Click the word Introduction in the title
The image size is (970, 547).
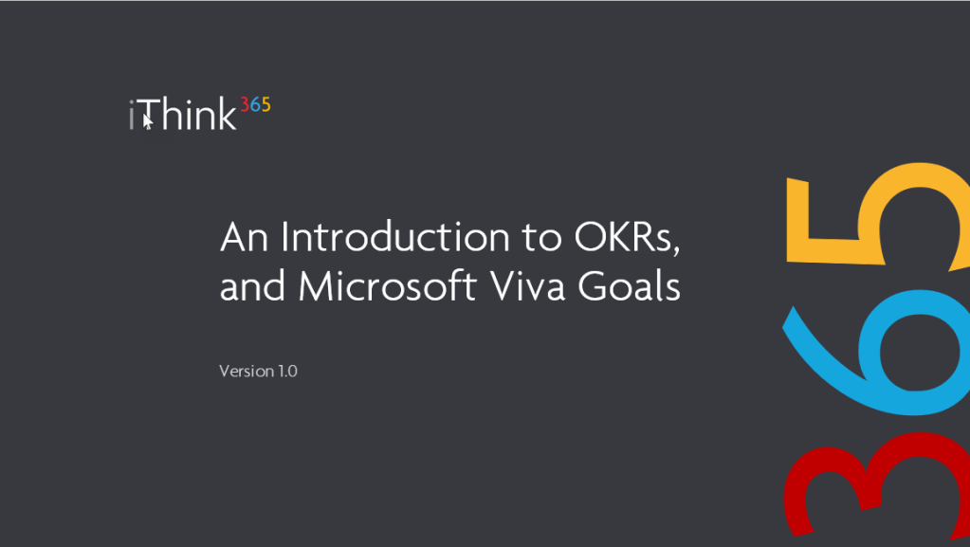click(x=395, y=237)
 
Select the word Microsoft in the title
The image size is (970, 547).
click(x=387, y=286)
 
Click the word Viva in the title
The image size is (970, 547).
click(x=528, y=286)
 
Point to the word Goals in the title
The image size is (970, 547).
click(x=630, y=286)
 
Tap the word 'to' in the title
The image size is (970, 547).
click(x=542, y=238)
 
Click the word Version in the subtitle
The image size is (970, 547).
click(x=247, y=371)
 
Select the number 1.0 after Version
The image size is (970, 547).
click(x=287, y=372)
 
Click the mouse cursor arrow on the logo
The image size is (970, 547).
click(x=148, y=122)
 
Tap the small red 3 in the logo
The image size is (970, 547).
click(x=245, y=104)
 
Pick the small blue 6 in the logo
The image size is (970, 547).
click(x=255, y=104)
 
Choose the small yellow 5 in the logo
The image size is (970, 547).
click(x=265, y=104)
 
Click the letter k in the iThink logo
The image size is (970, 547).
click(x=227, y=114)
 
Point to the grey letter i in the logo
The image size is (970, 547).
click(x=131, y=115)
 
